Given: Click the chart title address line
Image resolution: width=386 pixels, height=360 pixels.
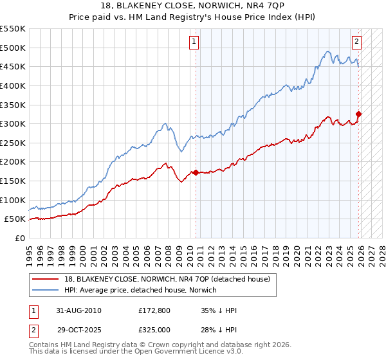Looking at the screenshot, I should click(193, 6).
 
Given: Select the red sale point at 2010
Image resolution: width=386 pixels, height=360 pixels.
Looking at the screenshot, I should click(196, 172).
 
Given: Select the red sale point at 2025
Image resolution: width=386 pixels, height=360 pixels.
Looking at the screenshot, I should click(359, 114).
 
